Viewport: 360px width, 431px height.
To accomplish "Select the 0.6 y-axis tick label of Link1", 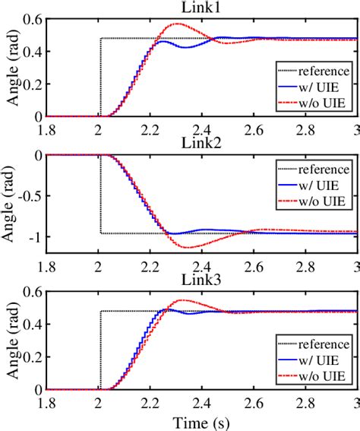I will [x=33, y=19].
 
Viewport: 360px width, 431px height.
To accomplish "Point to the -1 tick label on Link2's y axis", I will [x=36, y=236].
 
